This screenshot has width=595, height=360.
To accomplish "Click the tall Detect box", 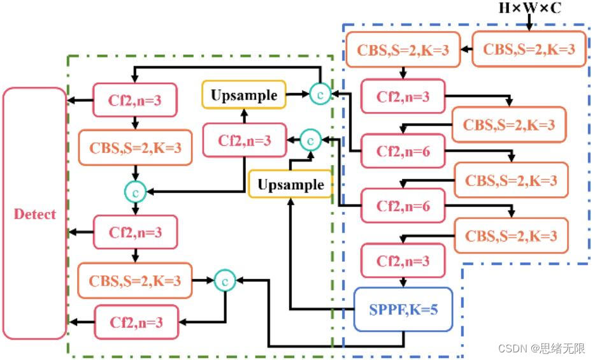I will pos(35,213).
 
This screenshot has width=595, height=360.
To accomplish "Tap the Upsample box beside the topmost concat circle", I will pos(244,96).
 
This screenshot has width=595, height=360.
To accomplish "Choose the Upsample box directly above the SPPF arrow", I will pos(290,185).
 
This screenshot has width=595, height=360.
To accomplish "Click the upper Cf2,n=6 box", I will pos(403,151).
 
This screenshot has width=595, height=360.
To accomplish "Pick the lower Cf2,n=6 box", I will pos(403,205).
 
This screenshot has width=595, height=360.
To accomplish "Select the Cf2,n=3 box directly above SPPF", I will pos(403,261).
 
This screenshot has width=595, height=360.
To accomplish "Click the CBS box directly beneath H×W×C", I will pos(529,50).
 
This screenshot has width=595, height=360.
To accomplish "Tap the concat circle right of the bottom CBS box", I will pos(225,280).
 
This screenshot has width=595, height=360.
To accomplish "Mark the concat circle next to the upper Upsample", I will pos(320,94).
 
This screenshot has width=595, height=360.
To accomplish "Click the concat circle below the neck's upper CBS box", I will pos(135,190).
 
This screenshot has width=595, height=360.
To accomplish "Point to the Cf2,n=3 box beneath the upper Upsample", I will pos(244,141).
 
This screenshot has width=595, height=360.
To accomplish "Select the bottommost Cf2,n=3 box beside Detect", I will pos(136,322).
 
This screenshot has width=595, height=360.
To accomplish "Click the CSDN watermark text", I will pos(541,349).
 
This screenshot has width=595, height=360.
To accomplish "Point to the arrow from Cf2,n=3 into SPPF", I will pos(403,282).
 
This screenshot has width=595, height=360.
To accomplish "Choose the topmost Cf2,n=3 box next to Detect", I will pos(136,100).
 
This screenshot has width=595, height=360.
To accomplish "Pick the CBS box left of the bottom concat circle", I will pos(135,280).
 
